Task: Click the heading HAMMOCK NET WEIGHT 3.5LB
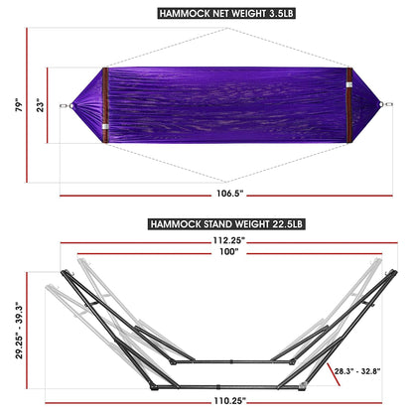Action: (206, 14)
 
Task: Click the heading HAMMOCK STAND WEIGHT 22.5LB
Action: (206, 224)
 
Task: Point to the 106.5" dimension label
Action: (206, 192)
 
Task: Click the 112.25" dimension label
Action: (206, 239)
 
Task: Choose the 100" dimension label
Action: (206, 253)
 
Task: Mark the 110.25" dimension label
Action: (206, 400)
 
